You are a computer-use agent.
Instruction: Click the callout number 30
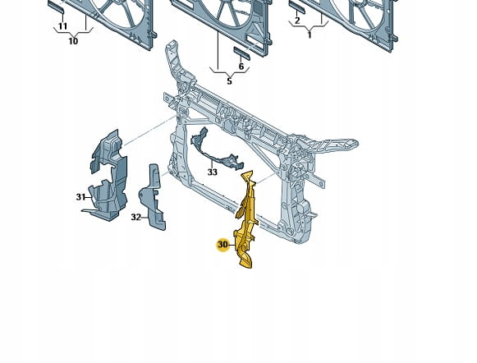click(223, 245)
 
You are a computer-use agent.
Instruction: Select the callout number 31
click(80, 197)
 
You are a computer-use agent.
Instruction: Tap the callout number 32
click(136, 218)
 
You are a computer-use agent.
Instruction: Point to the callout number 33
click(213, 172)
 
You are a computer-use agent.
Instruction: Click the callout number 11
click(62, 26)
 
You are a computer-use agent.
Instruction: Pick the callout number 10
click(73, 41)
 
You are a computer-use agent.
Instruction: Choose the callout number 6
click(241, 67)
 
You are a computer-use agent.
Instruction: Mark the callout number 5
click(229, 81)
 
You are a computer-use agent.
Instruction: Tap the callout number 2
click(297, 21)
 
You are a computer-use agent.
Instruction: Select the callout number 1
click(310, 35)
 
